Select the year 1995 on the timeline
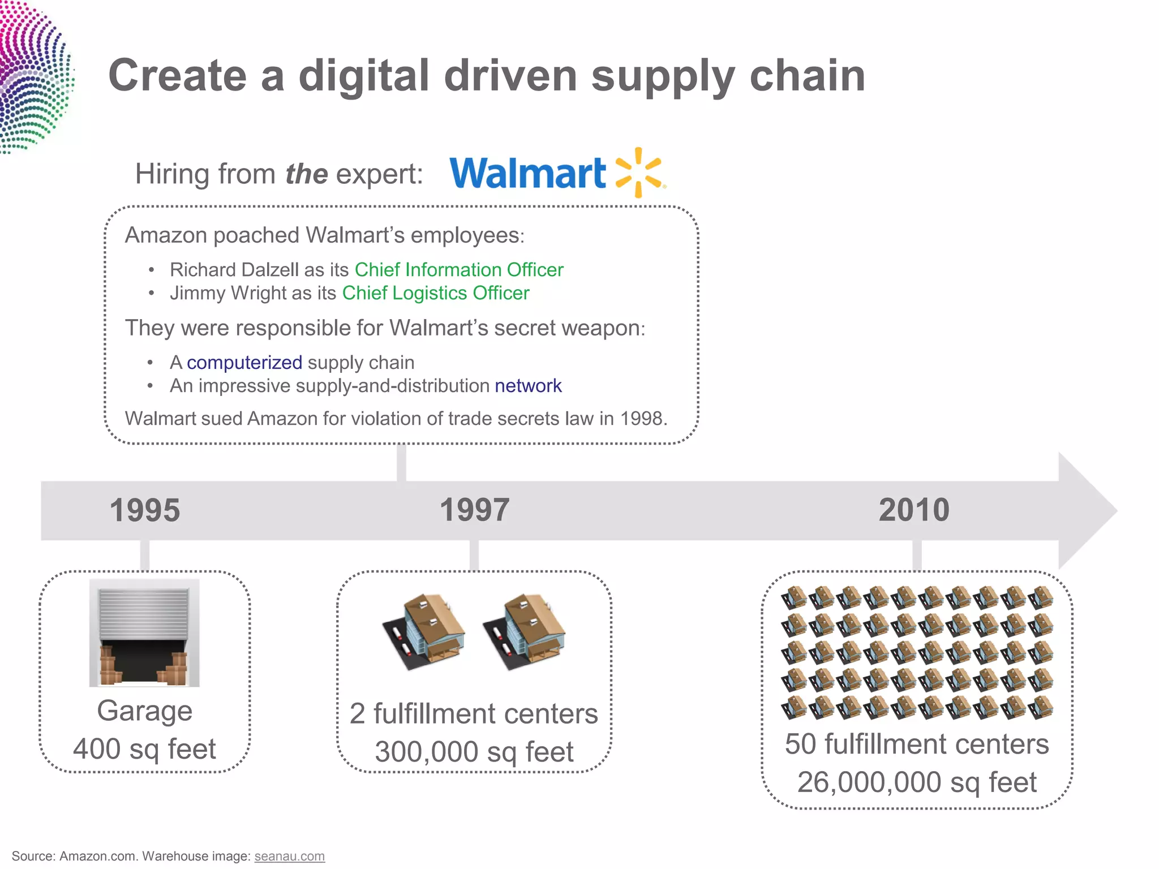tap(145, 510)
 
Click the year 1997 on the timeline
tap(474, 510)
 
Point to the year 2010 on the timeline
tap(914, 510)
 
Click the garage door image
tap(144, 633)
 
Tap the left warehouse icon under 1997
tap(424, 632)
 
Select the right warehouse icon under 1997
tap(524, 632)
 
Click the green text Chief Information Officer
tap(459, 270)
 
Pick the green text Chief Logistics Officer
tap(436, 293)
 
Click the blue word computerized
tap(244, 363)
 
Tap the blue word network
tap(528, 386)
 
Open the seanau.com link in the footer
tap(289, 856)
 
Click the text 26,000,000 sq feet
tap(917, 782)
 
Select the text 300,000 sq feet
tap(474, 752)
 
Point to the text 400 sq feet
tap(144, 749)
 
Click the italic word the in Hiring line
tap(306, 174)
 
